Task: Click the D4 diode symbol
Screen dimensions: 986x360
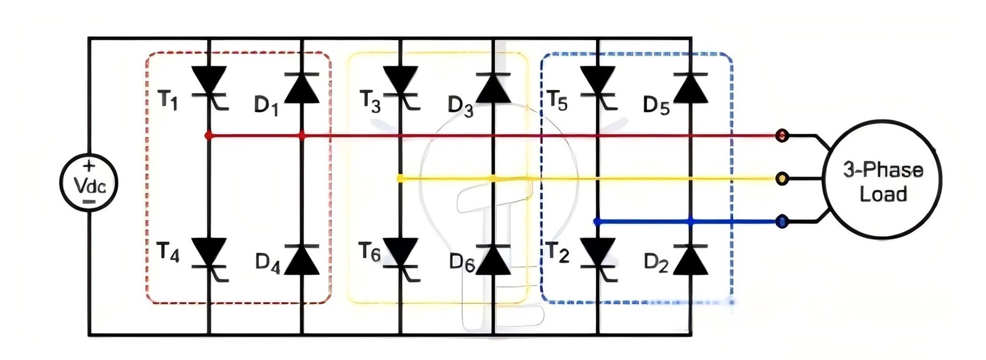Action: coord(302,260)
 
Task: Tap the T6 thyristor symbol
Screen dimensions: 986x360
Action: coord(401,260)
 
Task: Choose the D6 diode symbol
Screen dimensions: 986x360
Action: coord(494,260)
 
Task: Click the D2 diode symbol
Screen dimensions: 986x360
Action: coord(691,260)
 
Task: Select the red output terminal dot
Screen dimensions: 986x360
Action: coord(782,135)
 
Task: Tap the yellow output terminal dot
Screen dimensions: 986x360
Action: coord(782,179)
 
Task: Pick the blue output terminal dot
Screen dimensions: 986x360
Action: coord(782,221)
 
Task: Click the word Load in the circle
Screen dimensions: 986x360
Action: coord(884,194)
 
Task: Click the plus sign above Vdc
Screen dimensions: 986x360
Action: coord(89,166)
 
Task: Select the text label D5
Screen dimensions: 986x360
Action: coord(656,105)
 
